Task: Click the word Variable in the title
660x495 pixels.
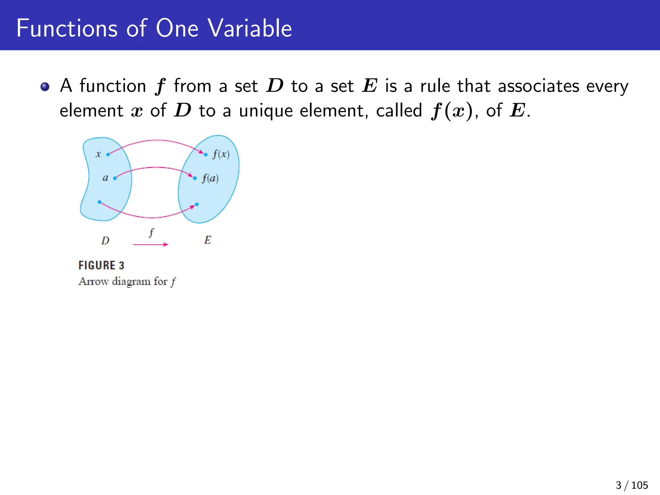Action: click(250, 28)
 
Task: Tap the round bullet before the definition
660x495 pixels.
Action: click(45, 87)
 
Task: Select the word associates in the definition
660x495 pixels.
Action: click(539, 86)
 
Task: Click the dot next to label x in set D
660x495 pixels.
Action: click(108, 154)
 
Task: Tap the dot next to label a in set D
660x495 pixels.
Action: click(115, 178)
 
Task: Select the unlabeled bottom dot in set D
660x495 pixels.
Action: click(99, 202)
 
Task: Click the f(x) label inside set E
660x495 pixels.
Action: click(221, 154)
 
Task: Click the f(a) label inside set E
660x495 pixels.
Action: click(210, 178)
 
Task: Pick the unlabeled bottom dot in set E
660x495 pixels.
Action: click(197, 204)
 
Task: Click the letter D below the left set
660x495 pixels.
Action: click(105, 240)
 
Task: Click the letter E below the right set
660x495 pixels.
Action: click(208, 240)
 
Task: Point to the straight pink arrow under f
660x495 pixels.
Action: click(150, 245)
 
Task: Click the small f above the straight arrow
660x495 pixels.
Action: click(151, 232)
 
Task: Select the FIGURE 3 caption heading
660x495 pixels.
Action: click(101, 265)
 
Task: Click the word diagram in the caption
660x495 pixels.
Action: click(131, 281)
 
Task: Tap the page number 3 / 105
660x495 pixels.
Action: click(632, 485)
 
